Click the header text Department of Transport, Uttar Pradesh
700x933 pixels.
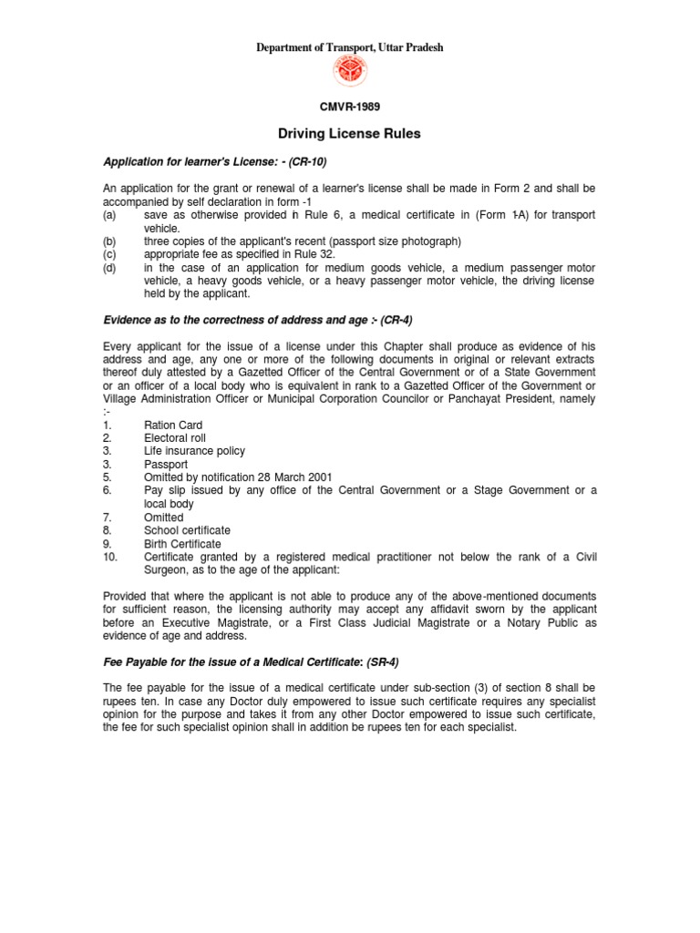click(350, 47)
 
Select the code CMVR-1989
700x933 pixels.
click(350, 107)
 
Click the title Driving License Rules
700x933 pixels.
click(350, 134)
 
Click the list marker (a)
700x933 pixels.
click(110, 215)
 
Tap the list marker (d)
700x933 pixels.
click(110, 268)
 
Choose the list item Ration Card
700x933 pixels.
click(173, 425)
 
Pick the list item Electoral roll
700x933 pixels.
click(175, 438)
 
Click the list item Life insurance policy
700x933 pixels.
click(194, 451)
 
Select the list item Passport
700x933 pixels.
click(166, 464)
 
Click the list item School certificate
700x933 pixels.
click(187, 530)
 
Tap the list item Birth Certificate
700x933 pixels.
click(182, 544)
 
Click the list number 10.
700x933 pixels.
click(109, 557)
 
